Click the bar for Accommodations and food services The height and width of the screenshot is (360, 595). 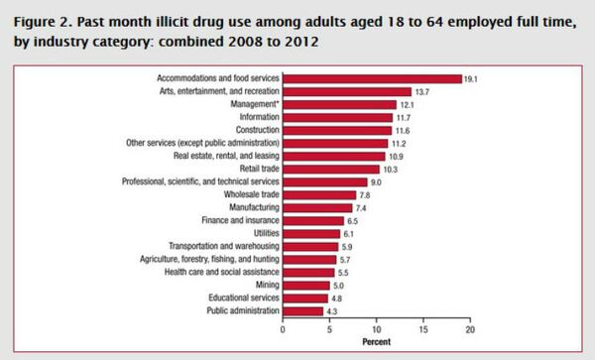point(372,78)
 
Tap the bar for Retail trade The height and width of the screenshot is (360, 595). point(331,169)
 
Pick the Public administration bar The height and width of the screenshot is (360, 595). point(302,310)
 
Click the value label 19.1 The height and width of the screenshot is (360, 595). point(473,78)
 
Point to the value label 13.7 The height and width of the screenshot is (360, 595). point(422,91)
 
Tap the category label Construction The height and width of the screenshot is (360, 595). point(257,130)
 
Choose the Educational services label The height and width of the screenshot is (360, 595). point(243,298)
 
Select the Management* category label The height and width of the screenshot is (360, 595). point(254,104)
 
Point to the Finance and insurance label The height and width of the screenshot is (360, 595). point(244,220)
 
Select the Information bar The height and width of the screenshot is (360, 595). point(337,117)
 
